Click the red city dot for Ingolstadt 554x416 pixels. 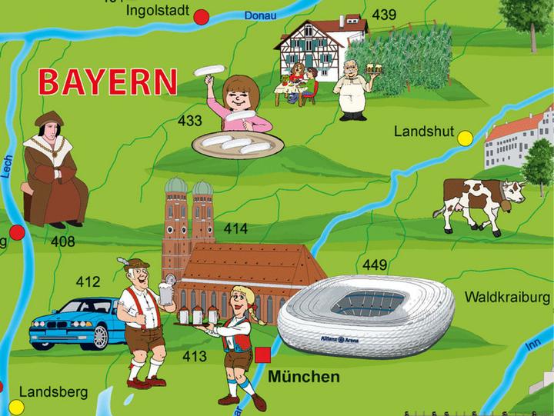[202, 17]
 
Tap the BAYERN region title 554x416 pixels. [108, 82]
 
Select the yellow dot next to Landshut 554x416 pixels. [465, 138]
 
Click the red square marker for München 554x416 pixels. [263, 354]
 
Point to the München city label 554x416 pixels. [304, 378]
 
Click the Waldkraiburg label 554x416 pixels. [508, 297]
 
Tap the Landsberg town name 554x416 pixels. [53, 392]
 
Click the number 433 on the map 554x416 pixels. [189, 121]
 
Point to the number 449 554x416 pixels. [375, 266]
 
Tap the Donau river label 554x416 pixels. [259, 15]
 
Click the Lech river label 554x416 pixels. [8, 165]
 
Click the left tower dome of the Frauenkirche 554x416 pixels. [176, 188]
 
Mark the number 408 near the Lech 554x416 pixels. [63, 242]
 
